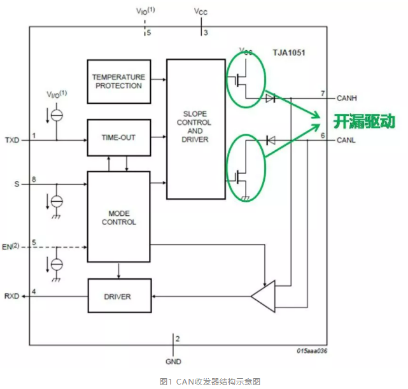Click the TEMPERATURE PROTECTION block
point(118,81)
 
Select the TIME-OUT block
point(118,138)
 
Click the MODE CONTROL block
point(118,216)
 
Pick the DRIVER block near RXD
point(118,297)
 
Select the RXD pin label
point(12,297)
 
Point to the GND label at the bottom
point(173,362)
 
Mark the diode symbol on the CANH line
point(271,98)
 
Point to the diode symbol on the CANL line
point(271,139)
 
